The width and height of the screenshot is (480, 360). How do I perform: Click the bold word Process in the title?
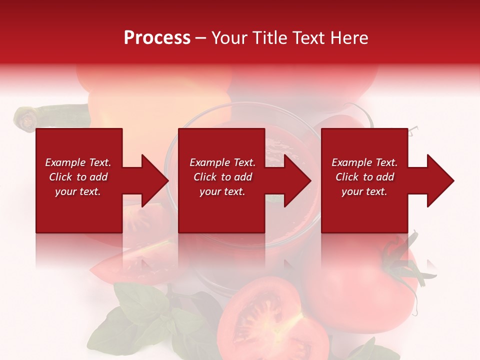pos(157,38)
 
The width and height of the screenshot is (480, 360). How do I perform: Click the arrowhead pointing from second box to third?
pos(297,180)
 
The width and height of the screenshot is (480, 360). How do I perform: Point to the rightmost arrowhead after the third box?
pos(439,180)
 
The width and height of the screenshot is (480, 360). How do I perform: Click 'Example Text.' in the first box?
pos(78,162)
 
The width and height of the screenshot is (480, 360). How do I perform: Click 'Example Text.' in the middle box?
pos(222,162)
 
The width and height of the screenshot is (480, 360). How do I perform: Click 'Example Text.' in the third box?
pos(364,162)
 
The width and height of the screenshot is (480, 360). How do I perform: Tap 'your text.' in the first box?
pos(78,191)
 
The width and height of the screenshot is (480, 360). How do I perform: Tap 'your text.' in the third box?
pos(364,191)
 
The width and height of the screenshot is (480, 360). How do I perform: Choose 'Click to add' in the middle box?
pos(222,177)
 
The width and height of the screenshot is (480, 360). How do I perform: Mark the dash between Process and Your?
pos(200,38)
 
